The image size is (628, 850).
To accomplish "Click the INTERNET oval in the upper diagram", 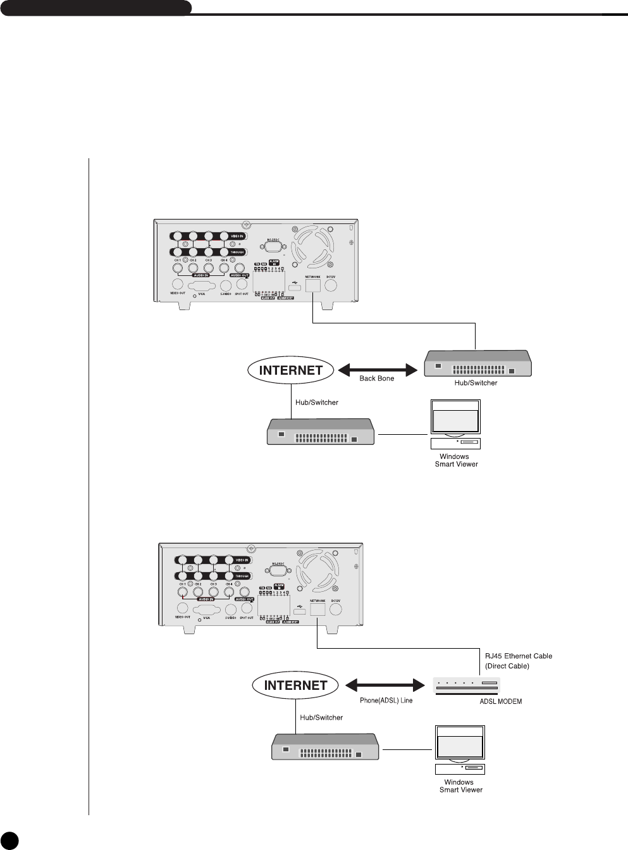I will click(x=291, y=370).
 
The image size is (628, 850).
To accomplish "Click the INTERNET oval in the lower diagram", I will click(x=295, y=685).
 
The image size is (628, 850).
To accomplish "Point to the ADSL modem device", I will click(x=467, y=686).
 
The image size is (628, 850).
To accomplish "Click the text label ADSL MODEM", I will click(x=500, y=701).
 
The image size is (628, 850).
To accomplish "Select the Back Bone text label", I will click(x=376, y=378).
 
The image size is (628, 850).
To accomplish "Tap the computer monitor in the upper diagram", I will click(x=454, y=419).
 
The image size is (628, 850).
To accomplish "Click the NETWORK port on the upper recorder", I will click(x=313, y=285).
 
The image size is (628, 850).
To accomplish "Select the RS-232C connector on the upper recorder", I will click(x=273, y=249).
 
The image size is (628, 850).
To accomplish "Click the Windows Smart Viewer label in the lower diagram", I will click(x=460, y=786).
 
